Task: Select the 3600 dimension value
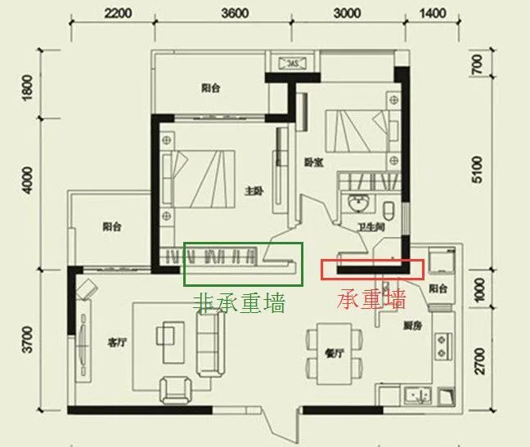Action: point(235,12)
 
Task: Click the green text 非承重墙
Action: point(239,304)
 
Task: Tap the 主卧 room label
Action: point(253,191)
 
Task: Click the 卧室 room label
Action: point(313,163)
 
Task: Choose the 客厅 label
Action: point(115,342)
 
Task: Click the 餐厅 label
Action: point(332,354)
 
